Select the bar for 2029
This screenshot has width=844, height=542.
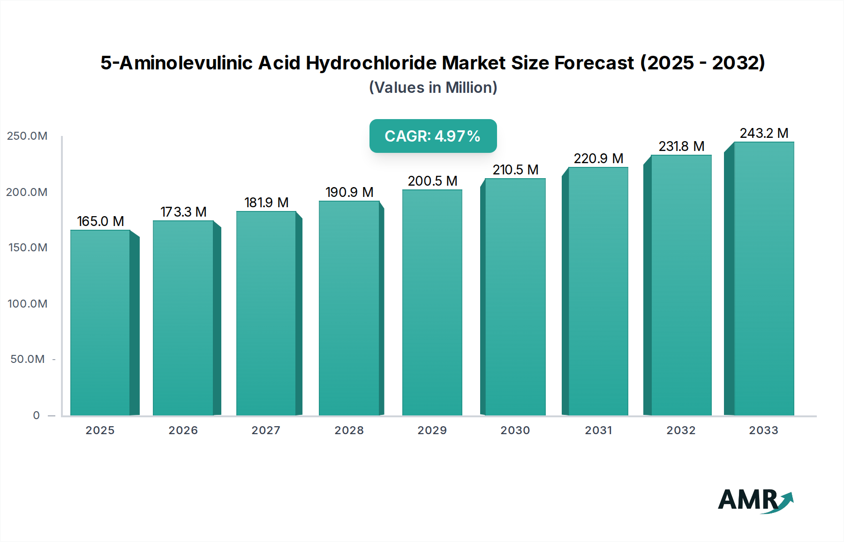[432, 302]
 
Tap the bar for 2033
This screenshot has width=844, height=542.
[763, 279]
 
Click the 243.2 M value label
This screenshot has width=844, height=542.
[764, 133]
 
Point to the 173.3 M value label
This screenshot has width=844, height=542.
[183, 212]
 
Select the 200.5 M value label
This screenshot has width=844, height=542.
[432, 181]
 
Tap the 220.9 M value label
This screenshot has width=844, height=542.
[598, 158]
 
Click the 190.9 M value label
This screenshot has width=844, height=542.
[349, 192]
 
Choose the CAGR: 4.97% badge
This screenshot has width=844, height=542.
[433, 136]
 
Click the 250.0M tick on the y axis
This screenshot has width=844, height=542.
[27, 136]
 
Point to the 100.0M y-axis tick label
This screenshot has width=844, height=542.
[27, 304]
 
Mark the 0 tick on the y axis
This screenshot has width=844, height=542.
[36, 415]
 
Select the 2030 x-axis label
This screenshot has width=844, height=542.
[515, 430]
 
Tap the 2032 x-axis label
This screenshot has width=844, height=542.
[681, 430]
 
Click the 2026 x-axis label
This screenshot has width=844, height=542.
[183, 430]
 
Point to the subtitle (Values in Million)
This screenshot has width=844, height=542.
[433, 88]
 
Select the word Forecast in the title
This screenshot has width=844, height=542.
[594, 63]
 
